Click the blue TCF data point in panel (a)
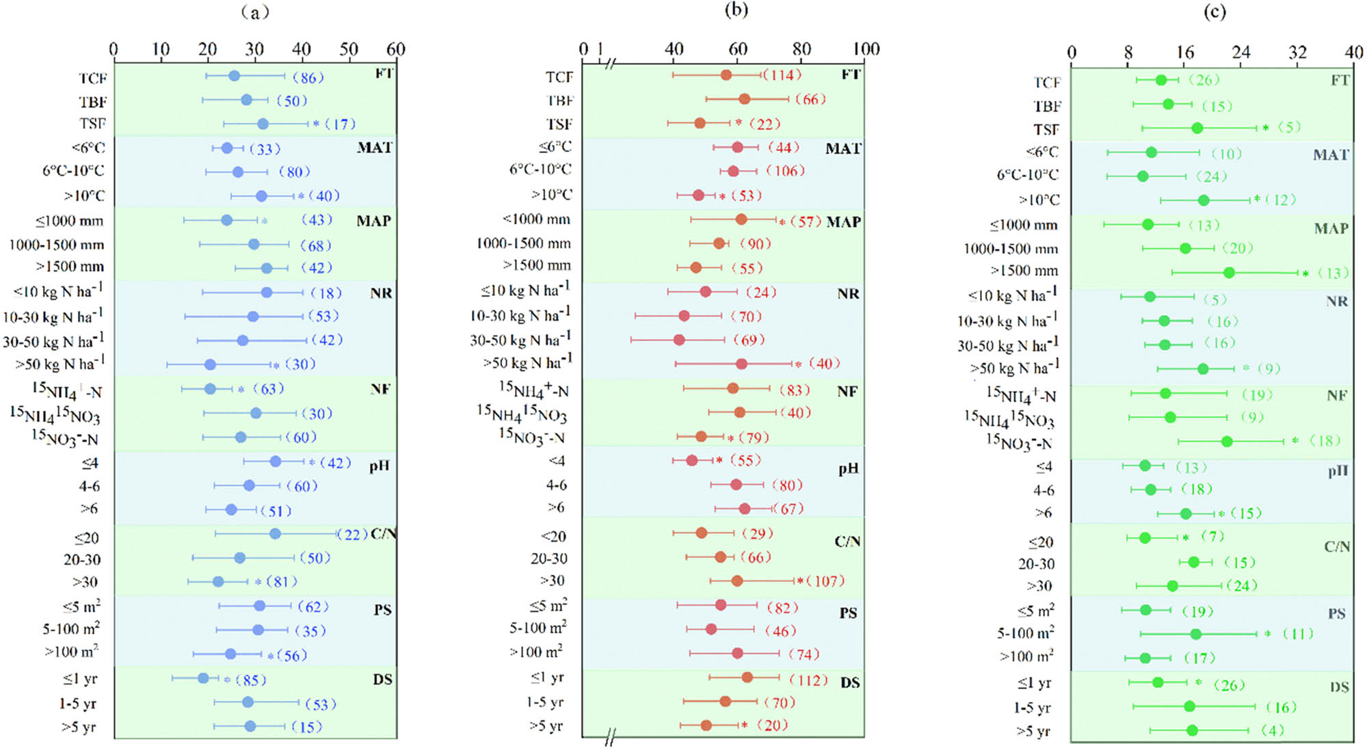pos(234,76)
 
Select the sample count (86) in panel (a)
pos(308,77)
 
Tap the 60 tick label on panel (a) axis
pos(396,49)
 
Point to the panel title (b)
pos(736,10)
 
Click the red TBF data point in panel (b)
pos(744,99)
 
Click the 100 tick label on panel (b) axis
pos(866,49)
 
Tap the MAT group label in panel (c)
pos(1331,155)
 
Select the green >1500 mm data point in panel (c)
pos(1229,273)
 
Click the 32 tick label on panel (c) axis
pos(1297,53)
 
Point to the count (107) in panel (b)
pos(825,581)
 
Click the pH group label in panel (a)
pos(380,466)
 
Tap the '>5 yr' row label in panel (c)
pos(1033,732)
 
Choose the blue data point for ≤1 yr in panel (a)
pos(203,678)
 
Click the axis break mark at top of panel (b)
pos(611,64)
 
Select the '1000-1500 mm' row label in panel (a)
pos(57,245)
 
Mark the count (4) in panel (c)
pos(1273,730)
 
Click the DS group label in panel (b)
pos(850,682)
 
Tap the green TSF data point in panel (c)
pos(1197,128)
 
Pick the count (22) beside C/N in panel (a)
pos(352,534)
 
